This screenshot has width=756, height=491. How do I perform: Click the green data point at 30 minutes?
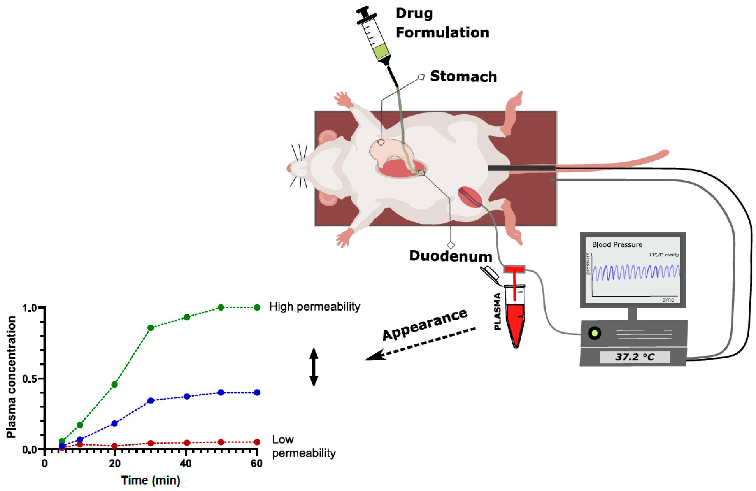150,327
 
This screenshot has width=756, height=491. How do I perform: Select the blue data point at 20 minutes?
115,423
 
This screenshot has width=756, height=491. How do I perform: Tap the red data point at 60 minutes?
257,442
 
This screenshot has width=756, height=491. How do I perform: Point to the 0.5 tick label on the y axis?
30,379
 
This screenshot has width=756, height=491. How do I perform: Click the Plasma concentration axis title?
11,377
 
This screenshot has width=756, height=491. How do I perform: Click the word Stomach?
463,77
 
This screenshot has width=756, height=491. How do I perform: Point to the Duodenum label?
450,256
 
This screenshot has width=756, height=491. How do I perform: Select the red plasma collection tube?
515,321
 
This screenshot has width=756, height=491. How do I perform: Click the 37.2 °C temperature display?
635,357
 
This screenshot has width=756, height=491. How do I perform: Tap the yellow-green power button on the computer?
594,333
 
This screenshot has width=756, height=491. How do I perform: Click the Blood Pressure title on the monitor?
617,244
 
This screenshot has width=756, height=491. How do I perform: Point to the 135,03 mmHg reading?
663,255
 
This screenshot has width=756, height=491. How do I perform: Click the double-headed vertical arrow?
314,367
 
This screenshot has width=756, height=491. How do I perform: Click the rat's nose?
289,167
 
